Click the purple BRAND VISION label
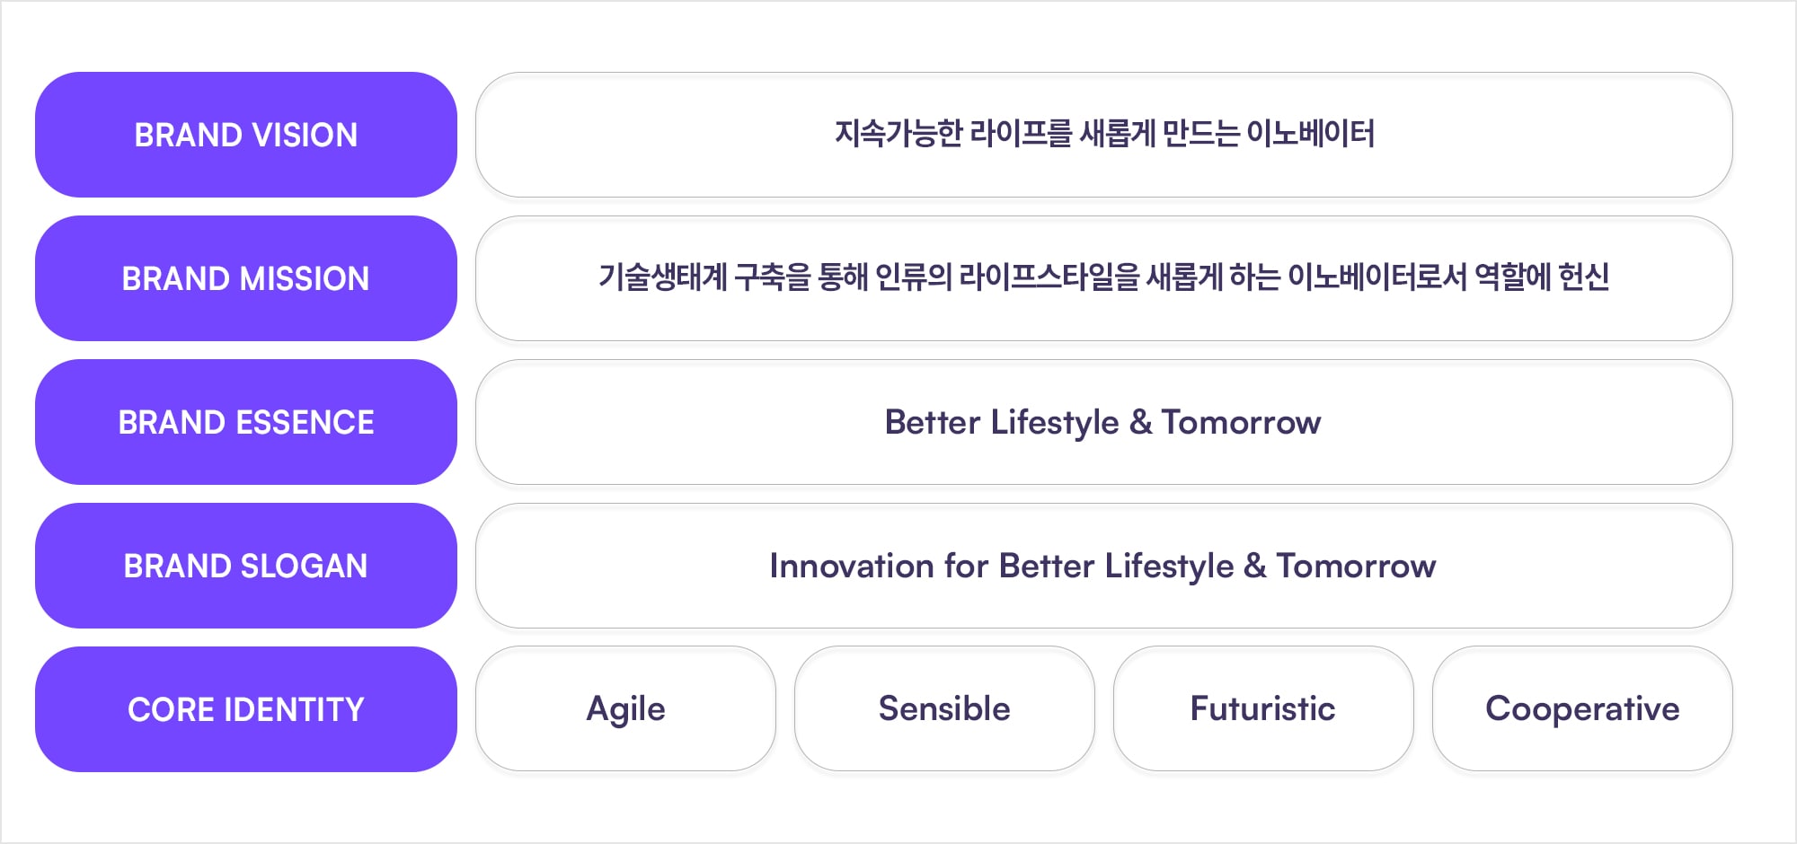(246, 135)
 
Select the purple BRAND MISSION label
(246, 278)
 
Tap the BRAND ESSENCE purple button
(246, 422)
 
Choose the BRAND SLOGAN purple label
(246, 566)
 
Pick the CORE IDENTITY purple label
(246, 709)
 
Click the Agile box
(625, 708)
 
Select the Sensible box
(944, 708)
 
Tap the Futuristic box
(1263, 708)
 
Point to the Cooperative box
(1582, 708)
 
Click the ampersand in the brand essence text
(1140, 422)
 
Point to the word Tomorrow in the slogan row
(1356, 566)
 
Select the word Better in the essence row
(933, 422)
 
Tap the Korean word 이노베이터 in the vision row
(1311, 134)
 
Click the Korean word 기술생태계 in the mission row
(663, 277)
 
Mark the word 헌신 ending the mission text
(1584, 277)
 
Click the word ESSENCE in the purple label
(304, 422)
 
